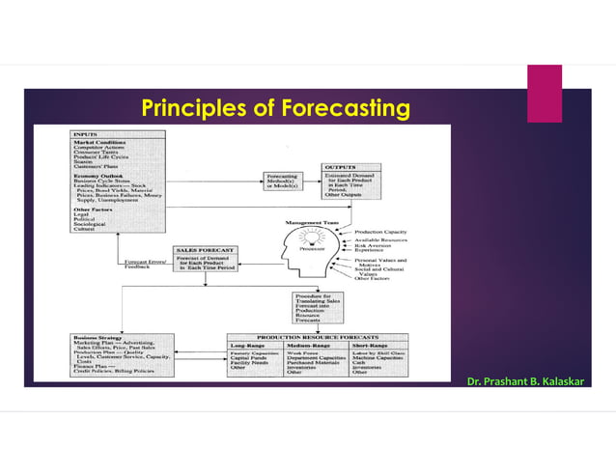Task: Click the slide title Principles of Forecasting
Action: [x=276, y=107]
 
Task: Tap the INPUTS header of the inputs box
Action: [x=85, y=134]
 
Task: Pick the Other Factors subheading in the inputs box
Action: [x=93, y=209]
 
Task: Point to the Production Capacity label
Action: [x=380, y=233]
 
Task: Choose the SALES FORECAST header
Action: [x=203, y=249]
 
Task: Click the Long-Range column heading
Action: [x=251, y=345]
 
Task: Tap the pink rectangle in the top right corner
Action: [x=544, y=94]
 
